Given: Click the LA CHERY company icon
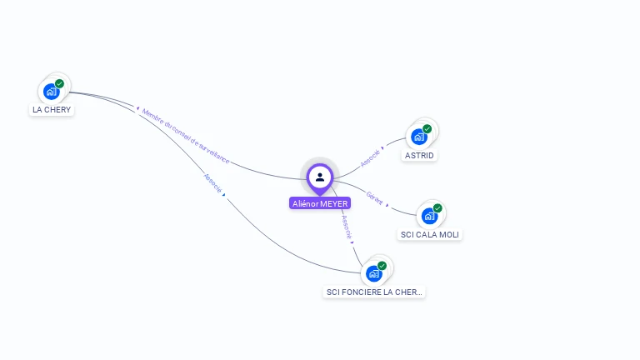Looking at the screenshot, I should tap(52, 91).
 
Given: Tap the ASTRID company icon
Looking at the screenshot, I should tap(419, 136).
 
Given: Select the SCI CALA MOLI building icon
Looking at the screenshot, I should tap(429, 216).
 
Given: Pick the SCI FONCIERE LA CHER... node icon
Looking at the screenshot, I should tap(374, 272).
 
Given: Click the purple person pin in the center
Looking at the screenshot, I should tap(319, 177).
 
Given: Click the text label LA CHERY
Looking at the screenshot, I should tap(52, 110).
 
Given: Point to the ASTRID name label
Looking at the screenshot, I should tap(419, 156).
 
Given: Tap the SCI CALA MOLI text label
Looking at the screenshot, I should tap(430, 235).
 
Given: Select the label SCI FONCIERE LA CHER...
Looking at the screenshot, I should tap(374, 292).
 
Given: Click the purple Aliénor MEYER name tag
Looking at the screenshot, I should tap(320, 203).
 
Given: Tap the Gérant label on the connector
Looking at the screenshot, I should tap(375, 198).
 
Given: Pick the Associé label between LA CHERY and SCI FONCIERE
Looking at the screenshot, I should tap(213, 183).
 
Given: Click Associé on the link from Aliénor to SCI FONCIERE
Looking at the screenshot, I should tap(347, 227).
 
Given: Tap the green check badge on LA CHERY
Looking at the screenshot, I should tap(60, 83).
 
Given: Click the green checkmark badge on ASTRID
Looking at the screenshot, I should tap(427, 128).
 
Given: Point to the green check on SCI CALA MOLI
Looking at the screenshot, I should tap(437, 208).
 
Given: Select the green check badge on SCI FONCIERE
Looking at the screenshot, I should tap(382, 265).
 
